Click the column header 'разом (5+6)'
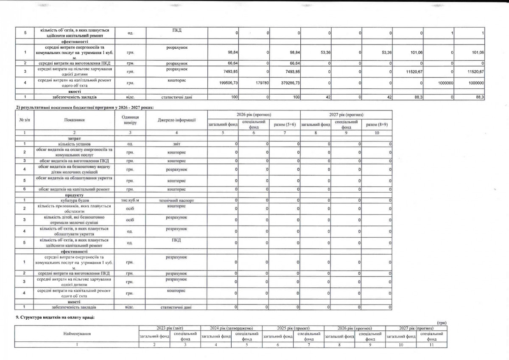pos(285,124)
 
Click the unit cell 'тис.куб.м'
pos(130,200)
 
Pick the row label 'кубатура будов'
pos(75,200)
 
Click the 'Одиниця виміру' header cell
pos(130,120)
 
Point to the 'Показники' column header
pos(75,120)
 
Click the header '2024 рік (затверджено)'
pos(231,328)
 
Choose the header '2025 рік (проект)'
pos(293,328)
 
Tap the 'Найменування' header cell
pos(77,334)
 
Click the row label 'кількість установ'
pos(75,144)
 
